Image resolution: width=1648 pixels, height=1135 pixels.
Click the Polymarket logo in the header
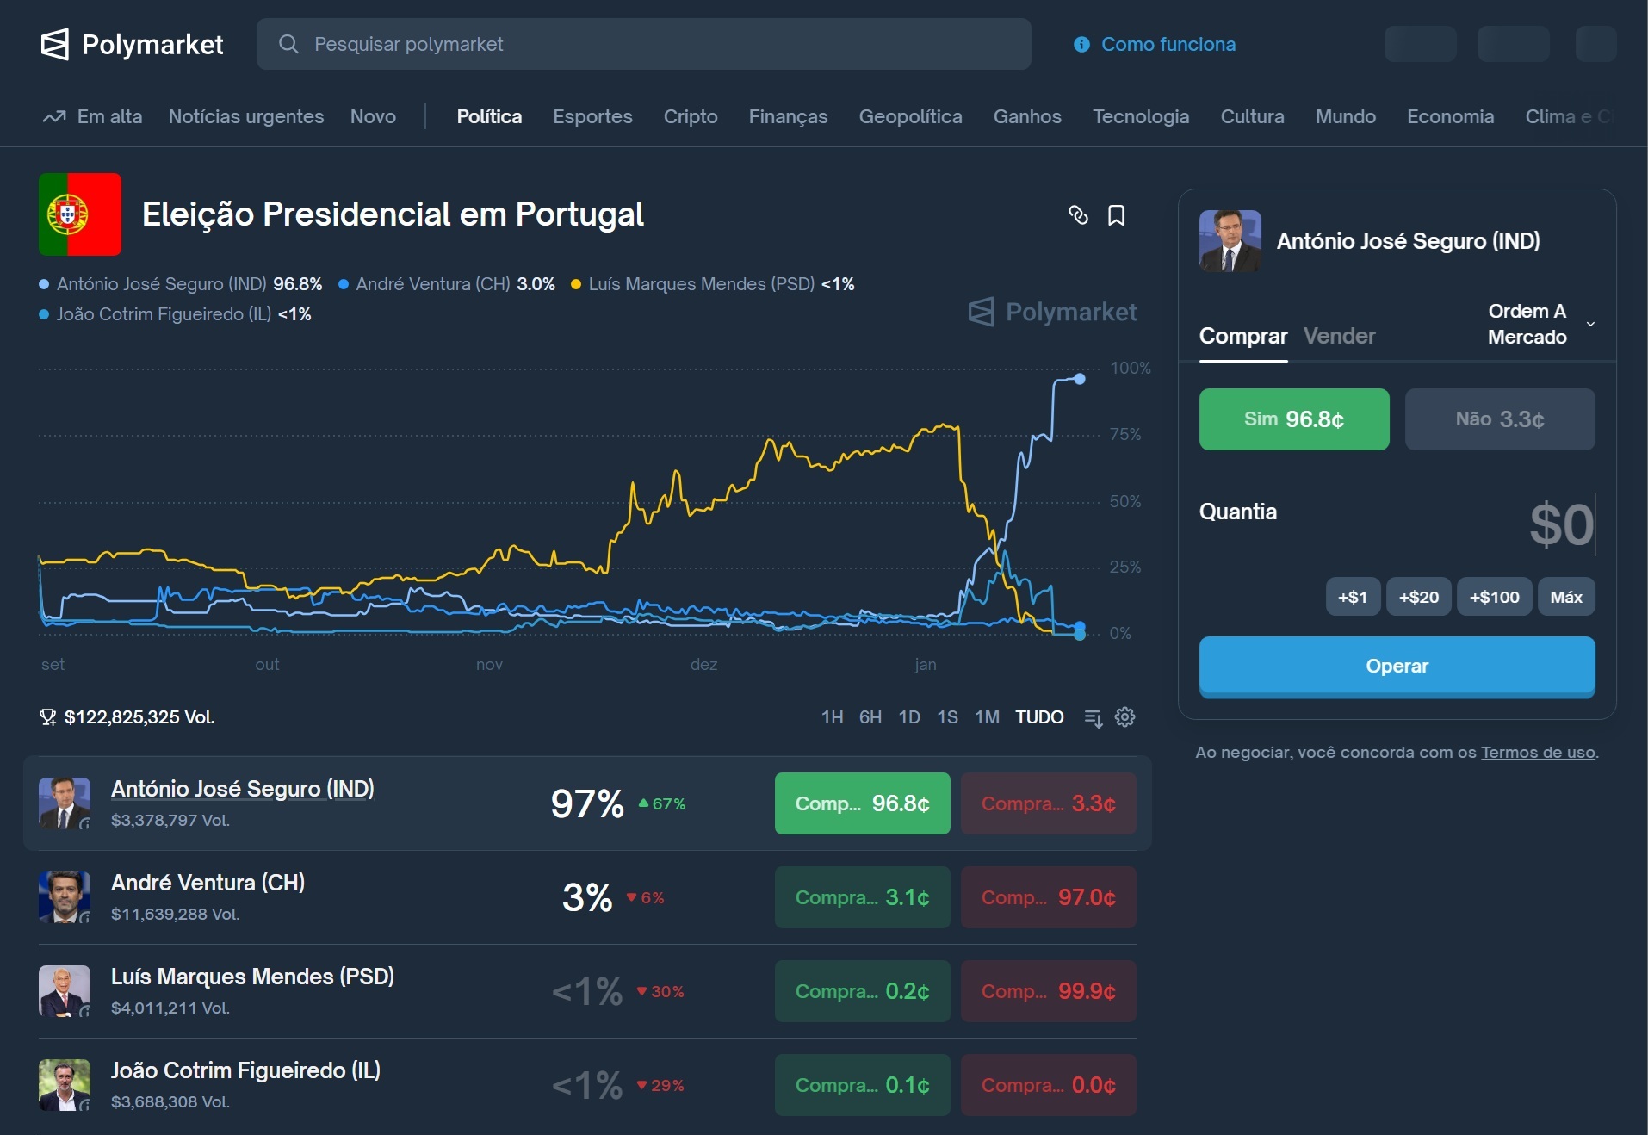click(x=132, y=44)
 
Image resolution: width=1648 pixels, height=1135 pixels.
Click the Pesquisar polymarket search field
click(x=643, y=44)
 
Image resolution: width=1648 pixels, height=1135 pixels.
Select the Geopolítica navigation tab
click(x=910, y=116)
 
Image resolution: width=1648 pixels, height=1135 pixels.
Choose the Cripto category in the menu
click(x=690, y=116)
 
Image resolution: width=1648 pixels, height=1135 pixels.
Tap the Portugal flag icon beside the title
click(x=80, y=214)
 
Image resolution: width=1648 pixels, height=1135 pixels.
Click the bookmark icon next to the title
click(x=1116, y=215)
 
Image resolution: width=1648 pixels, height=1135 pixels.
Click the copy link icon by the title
click(x=1078, y=215)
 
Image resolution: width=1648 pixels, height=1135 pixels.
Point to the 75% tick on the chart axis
click(x=1125, y=434)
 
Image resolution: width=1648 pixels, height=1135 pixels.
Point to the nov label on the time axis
click(x=489, y=664)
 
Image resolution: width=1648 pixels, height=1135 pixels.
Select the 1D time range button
click(x=909, y=717)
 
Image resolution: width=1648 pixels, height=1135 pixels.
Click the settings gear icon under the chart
click(x=1124, y=717)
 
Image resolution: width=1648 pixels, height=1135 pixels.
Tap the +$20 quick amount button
click(x=1418, y=597)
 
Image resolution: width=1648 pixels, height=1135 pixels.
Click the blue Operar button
click(x=1397, y=666)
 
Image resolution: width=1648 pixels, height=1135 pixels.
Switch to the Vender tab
click(x=1339, y=336)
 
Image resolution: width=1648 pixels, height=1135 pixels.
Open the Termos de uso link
click(x=1538, y=752)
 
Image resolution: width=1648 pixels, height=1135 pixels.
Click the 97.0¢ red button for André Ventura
click(x=1048, y=897)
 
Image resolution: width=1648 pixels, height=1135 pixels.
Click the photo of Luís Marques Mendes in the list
click(x=65, y=990)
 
